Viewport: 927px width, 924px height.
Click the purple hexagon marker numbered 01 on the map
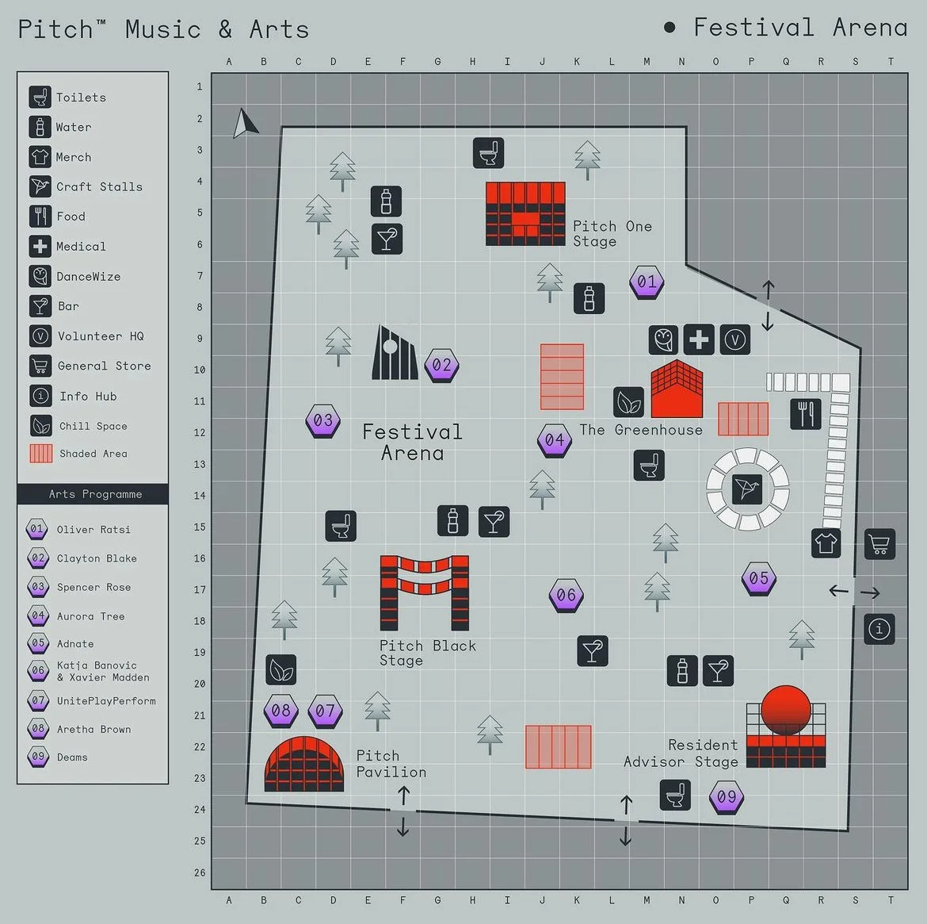[647, 282]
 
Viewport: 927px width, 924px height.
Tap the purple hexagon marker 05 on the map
[758, 579]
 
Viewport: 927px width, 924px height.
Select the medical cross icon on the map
[698, 339]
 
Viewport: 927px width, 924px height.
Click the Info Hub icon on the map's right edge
[879, 629]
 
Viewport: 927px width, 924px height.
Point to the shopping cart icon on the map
[879, 544]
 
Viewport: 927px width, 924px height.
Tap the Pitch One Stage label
[612, 234]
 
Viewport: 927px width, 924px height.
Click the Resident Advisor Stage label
[681, 753]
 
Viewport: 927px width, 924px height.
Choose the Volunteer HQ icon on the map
[734, 339]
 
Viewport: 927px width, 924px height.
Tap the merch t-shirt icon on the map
[826, 543]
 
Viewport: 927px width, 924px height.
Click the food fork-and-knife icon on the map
[805, 414]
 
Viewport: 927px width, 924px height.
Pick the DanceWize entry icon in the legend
[40, 276]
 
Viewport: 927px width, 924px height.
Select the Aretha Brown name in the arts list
[93, 730]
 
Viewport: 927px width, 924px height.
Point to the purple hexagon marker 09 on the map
[726, 797]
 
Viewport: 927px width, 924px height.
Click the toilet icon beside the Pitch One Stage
[488, 152]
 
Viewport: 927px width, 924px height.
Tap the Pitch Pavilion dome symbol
[304, 763]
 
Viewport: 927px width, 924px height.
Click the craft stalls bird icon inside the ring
[747, 489]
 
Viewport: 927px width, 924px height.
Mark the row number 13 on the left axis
[200, 464]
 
